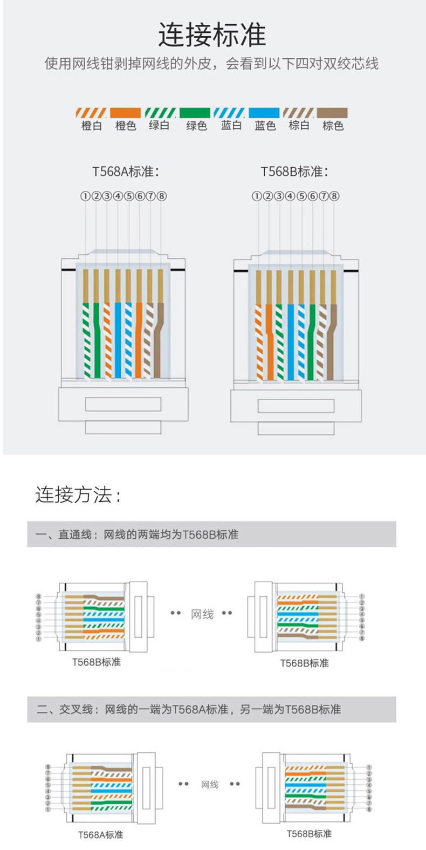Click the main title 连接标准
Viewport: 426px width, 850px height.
pos(212,35)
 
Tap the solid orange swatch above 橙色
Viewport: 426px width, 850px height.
pos(125,113)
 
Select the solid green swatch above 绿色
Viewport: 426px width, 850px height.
pos(195,113)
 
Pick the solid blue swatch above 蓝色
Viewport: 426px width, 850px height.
pos(264,113)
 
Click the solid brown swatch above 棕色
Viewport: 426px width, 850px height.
pos(332,113)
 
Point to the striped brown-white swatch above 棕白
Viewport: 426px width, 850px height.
pos(299,113)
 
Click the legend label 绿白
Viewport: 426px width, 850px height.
pos(159,125)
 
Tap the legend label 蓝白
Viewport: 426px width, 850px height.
pos(231,125)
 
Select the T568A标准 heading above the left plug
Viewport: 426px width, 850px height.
pos(126,172)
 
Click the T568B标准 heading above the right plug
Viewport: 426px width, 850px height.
pos(294,172)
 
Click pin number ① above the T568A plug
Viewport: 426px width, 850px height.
pos(85,196)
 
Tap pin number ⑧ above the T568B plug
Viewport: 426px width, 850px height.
pos(334,196)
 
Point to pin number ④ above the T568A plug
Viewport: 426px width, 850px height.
pos(118,196)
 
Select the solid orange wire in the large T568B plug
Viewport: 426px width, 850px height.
pos(270,341)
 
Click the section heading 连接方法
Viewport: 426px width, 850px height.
pos(78,495)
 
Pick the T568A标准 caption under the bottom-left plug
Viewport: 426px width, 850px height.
pos(100,835)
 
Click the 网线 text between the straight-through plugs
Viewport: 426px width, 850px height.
pos(202,614)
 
